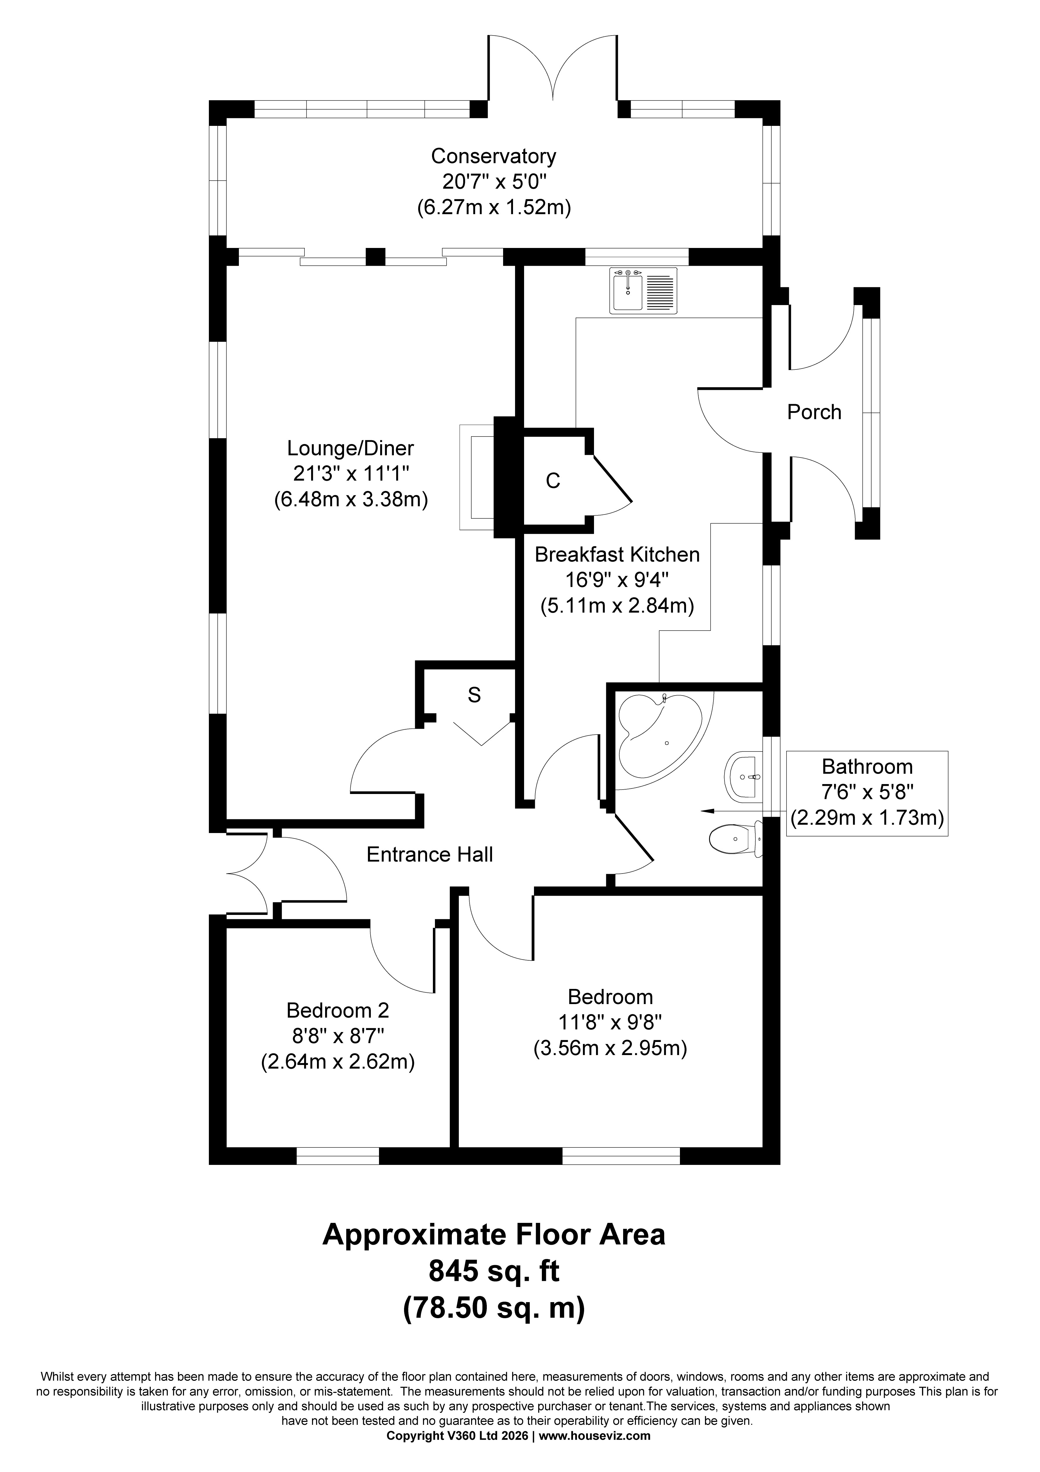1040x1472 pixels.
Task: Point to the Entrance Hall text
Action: pyautogui.click(x=430, y=855)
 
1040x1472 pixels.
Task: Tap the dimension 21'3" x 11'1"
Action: pyautogui.click(x=351, y=473)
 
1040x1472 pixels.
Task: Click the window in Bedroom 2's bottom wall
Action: pyautogui.click(x=338, y=1155)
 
